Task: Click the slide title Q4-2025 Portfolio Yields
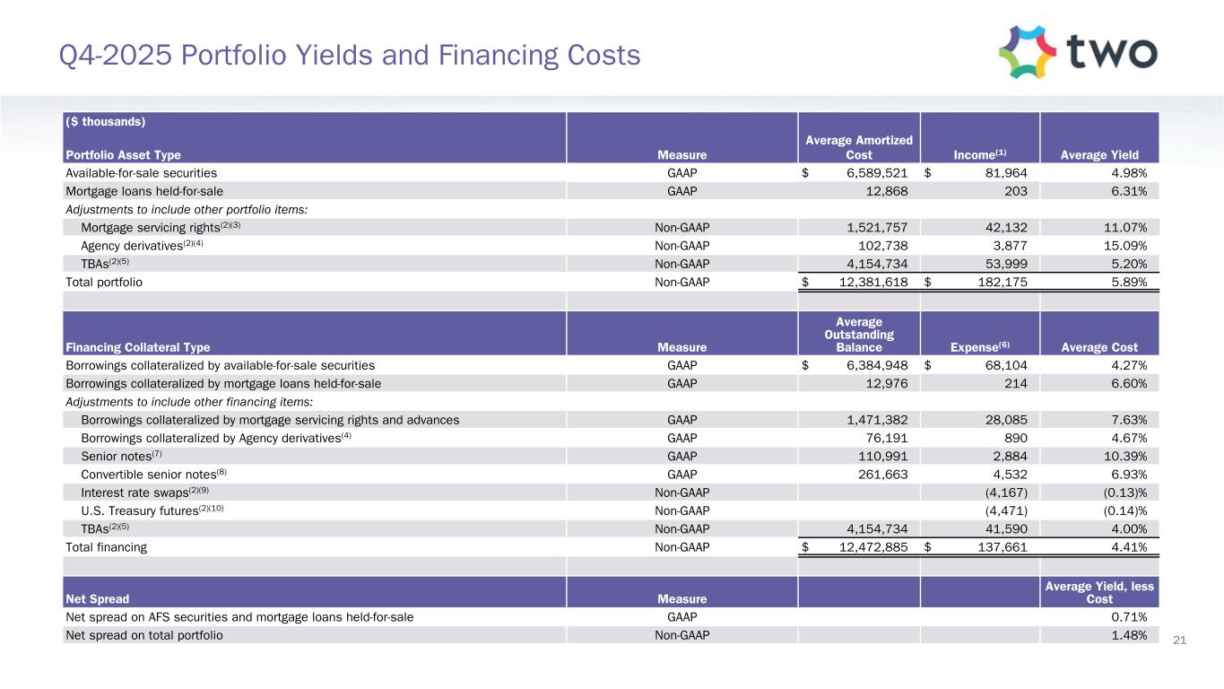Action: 350,56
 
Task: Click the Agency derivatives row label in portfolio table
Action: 143,245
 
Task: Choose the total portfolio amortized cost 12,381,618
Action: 860,282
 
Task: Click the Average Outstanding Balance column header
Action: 859,335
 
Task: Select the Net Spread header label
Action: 97,598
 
